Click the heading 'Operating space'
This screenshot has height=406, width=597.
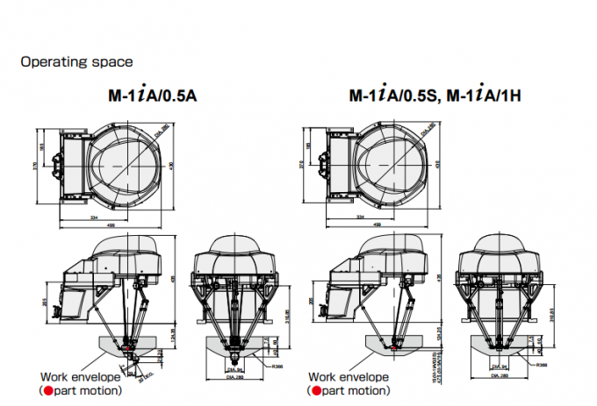coord(76,62)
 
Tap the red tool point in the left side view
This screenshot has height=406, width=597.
coord(127,349)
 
